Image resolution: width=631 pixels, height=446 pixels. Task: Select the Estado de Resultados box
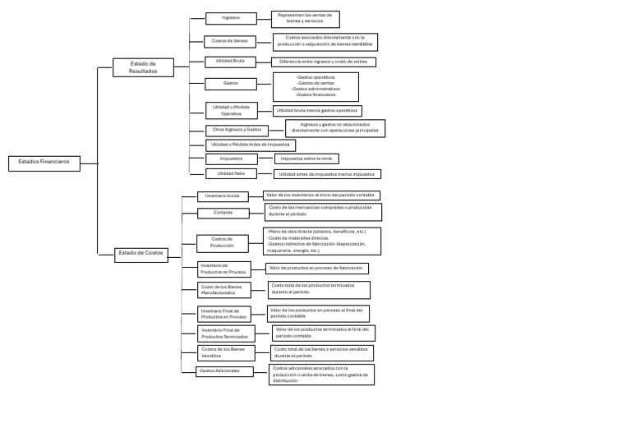143,67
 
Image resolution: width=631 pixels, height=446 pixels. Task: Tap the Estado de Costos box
140,254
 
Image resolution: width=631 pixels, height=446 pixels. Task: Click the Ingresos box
231,18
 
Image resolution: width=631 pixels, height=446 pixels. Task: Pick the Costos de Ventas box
230,41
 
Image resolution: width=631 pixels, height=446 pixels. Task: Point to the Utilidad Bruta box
230,62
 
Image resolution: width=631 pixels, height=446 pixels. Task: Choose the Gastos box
231,84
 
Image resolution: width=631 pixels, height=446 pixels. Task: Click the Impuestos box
231,159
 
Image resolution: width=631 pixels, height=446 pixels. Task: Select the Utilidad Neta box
230,173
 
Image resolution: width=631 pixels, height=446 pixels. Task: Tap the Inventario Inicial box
222,196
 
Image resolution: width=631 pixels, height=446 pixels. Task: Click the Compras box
223,213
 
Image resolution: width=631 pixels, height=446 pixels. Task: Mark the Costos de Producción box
222,242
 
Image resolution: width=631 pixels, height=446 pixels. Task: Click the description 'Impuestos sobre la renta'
306,159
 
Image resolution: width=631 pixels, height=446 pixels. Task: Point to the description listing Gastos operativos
315,86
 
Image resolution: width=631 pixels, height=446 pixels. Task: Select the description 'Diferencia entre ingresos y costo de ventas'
324,62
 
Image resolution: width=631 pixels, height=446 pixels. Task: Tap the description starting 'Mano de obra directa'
322,241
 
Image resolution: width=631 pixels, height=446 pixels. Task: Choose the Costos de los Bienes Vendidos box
223,352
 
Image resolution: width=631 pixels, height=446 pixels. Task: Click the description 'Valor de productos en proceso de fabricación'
316,269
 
